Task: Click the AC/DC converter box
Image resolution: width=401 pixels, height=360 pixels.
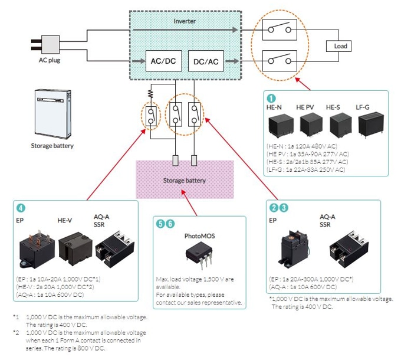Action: pos(162,60)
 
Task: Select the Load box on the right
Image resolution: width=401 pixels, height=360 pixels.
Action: pos(340,47)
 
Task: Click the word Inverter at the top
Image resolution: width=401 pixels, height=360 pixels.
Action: pos(185,21)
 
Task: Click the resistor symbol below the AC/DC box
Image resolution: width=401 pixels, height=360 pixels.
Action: pos(150,93)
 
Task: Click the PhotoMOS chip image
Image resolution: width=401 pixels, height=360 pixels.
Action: pos(197,253)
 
